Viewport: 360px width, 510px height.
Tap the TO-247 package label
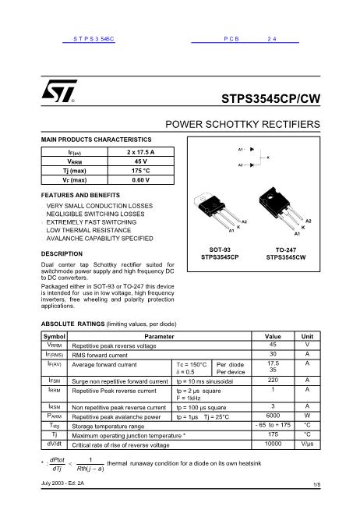[285, 249]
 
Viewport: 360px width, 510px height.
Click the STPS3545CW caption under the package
[285, 257]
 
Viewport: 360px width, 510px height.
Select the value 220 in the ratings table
[273, 380]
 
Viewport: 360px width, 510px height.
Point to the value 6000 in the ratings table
[273, 416]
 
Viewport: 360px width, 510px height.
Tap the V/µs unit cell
[307, 444]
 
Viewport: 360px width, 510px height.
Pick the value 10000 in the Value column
[273, 444]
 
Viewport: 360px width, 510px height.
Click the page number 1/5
[316, 484]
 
